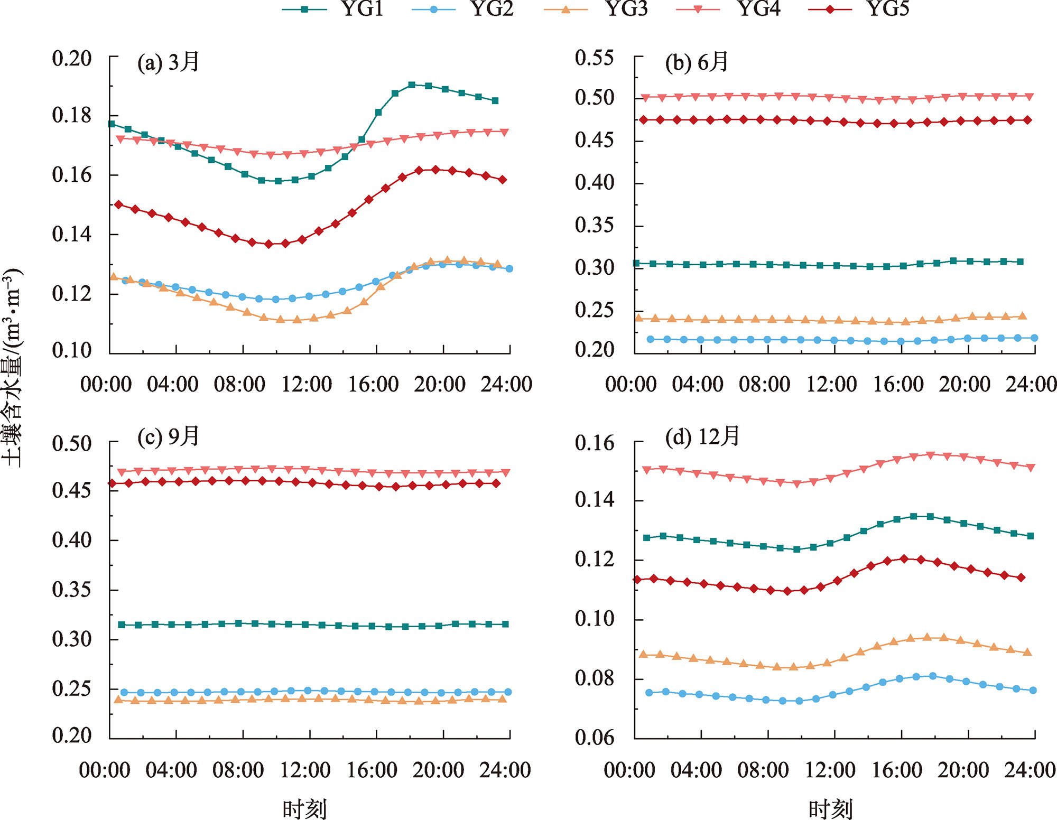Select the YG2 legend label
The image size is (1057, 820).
click(x=492, y=9)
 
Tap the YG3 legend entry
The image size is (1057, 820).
click(x=626, y=9)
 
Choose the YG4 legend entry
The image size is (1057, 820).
click(x=759, y=9)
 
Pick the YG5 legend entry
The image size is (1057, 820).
click(x=888, y=9)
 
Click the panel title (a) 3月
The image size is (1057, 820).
click(x=168, y=62)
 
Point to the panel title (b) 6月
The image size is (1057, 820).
click(x=697, y=62)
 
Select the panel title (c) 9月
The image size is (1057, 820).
click(x=168, y=437)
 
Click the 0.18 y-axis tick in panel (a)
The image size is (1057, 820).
click(x=72, y=115)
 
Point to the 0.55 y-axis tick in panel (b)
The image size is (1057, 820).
click(x=595, y=58)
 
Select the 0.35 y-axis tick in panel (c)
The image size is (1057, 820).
click(x=72, y=589)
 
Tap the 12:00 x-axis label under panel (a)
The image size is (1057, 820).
click(x=307, y=384)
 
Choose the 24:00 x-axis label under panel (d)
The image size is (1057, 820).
click(x=1030, y=770)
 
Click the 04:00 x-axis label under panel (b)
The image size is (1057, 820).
click(x=698, y=384)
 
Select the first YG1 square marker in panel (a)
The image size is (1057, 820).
click(x=111, y=124)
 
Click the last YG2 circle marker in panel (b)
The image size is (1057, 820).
click(x=1034, y=338)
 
